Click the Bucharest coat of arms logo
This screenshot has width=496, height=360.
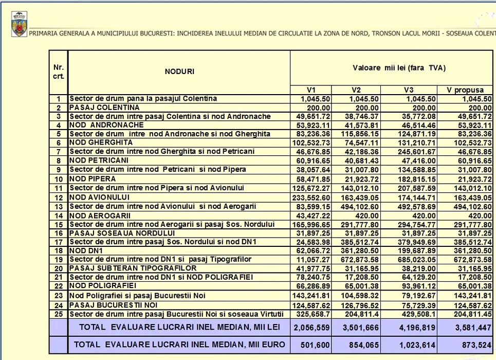19,25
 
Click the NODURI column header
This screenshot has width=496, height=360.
179,71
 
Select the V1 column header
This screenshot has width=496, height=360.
311,90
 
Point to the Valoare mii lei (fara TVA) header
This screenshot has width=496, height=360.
392,68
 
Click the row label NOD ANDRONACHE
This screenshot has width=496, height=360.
107,125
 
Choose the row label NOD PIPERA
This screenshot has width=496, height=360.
93,179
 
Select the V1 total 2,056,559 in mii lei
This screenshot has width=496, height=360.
311,327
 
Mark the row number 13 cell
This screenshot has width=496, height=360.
59,206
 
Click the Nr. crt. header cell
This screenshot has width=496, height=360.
59,71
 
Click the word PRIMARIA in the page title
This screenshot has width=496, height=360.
44,33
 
